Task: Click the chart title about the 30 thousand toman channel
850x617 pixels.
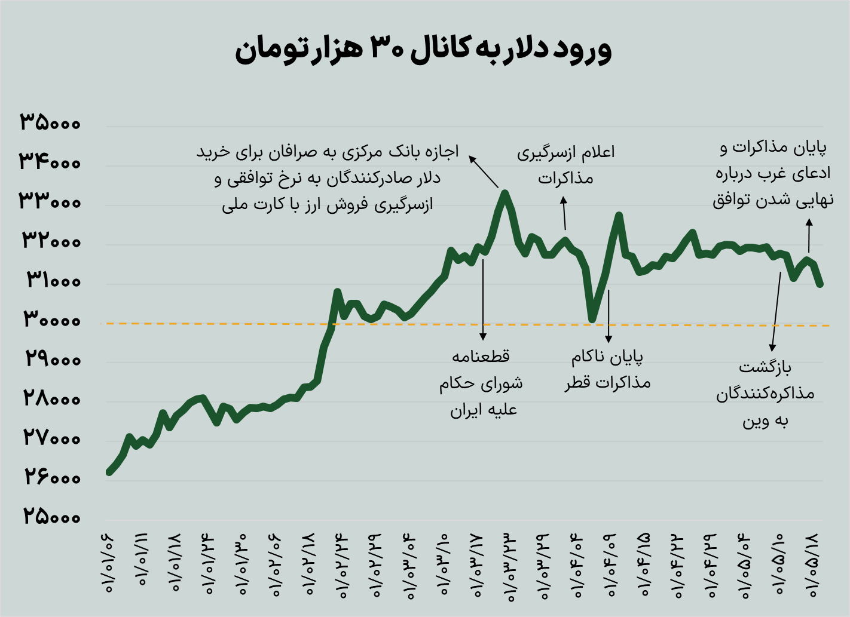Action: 423,50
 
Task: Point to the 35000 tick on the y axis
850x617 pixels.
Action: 50,122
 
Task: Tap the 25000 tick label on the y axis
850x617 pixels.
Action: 52,516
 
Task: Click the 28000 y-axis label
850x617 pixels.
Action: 52,398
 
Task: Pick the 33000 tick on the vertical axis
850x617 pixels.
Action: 50,201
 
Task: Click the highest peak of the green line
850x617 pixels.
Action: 505,193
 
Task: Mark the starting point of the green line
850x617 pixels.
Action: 109,472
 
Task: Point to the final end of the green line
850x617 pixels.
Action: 820,284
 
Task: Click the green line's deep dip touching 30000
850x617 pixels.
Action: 592,319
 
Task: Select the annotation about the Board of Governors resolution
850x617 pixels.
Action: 482,383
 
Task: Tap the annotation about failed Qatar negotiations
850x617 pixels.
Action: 607,370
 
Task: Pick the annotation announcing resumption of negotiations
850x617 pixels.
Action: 565,165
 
